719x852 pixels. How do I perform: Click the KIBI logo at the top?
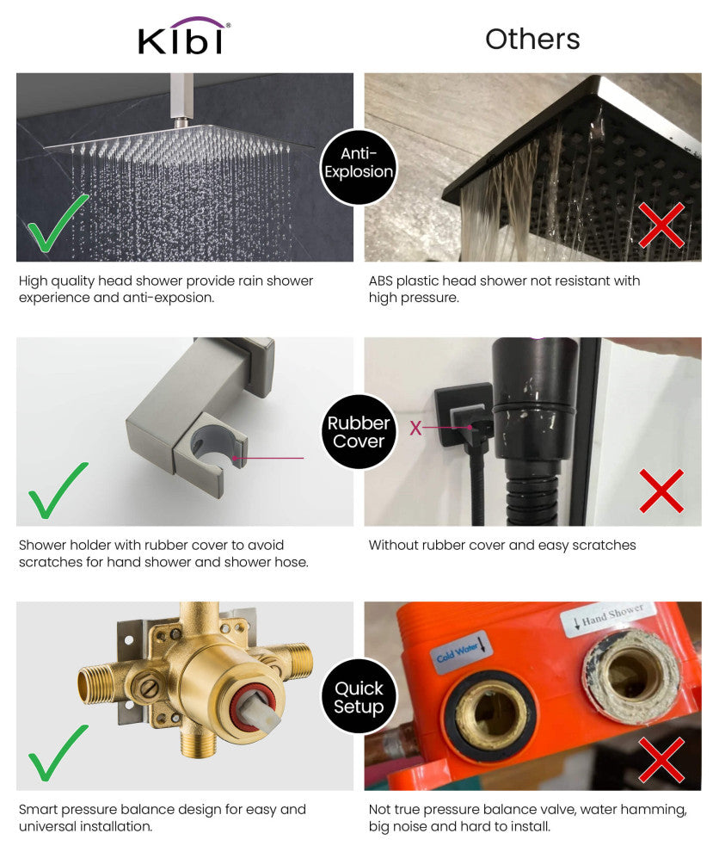click(184, 36)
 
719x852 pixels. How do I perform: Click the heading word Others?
click(532, 39)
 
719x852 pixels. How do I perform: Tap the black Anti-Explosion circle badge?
click(359, 167)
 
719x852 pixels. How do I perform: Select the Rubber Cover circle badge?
click(359, 431)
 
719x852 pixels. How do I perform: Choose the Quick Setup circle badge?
click(359, 696)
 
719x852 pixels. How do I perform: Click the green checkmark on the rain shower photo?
click(57, 224)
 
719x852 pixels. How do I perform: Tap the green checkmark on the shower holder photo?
click(57, 491)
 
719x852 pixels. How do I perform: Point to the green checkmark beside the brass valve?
click(57, 753)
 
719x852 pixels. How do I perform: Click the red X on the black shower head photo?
click(661, 225)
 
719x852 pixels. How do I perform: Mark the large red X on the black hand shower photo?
click(661, 491)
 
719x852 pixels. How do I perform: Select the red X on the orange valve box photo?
click(661, 759)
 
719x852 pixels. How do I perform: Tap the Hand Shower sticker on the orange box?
click(609, 617)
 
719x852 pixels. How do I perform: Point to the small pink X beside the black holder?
click(415, 429)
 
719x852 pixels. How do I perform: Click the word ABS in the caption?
click(381, 281)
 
